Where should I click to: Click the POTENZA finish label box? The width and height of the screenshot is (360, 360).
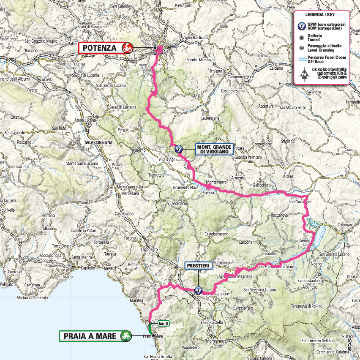[x=100, y=48]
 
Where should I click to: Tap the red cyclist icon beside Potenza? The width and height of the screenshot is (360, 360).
[x=127, y=48]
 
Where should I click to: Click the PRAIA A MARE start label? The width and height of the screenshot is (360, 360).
[x=90, y=336]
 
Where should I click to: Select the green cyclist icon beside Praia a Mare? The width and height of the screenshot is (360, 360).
[x=125, y=336]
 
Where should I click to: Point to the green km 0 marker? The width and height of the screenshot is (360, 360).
[x=164, y=324]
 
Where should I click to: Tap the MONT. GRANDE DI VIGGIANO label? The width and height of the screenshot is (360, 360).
[x=214, y=149]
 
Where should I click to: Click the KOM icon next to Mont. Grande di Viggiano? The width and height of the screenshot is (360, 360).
[x=178, y=149]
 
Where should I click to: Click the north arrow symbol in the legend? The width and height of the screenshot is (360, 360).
[x=303, y=74]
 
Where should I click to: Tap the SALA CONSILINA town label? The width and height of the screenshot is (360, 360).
[x=98, y=143]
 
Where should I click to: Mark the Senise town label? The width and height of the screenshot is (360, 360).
[x=305, y=240]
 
